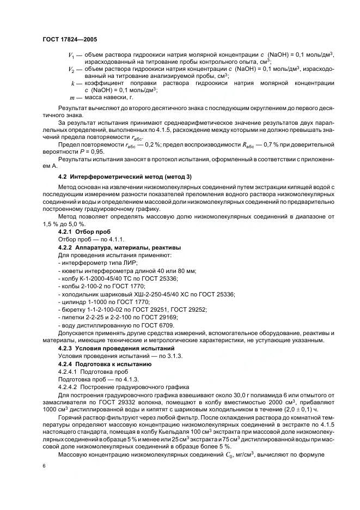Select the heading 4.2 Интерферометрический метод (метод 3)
[x=124, y=178]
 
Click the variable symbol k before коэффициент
[x=73, y=83]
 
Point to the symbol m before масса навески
[x=73, y=98]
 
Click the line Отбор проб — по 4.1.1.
[x=84, y=239]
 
